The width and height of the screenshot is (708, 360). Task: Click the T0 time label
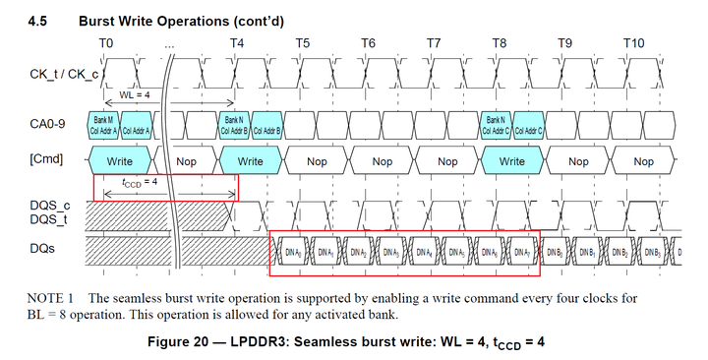107,43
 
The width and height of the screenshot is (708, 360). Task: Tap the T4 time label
237,43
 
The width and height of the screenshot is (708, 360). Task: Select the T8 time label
499,43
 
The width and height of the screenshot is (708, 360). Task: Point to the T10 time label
634,43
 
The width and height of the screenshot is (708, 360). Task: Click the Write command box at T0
120,160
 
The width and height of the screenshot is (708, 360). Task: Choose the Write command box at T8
512,160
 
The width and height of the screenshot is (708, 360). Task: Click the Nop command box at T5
317,160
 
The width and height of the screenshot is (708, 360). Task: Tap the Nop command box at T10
643,160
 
